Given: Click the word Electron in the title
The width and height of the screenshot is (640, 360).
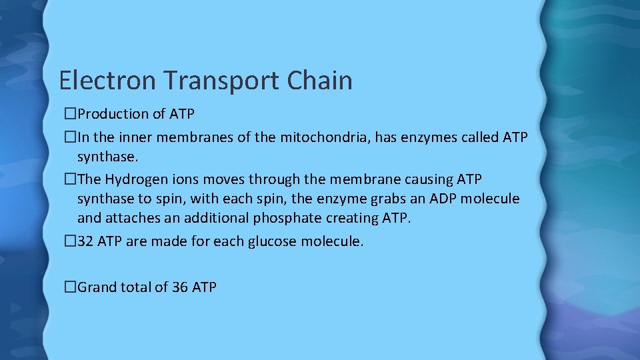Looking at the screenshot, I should pyautogui.click(x=107, y=81).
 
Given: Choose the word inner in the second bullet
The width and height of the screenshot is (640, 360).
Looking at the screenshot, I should pyautogui.click(x=139, y=138).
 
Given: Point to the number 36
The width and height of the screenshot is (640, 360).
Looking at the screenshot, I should pyautogui.click(x=179, y=287).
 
